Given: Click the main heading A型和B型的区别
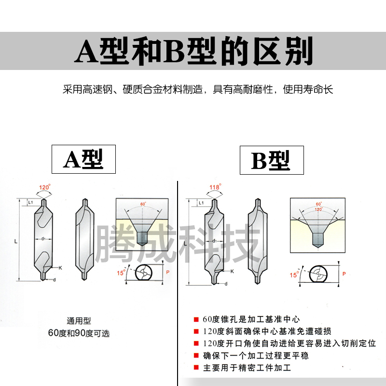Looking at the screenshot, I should click(193, 51).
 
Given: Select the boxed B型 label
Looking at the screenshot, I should click(271, 160).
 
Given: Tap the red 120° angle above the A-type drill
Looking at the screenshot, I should click(45, 187).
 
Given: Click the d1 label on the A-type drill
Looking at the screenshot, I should click(43, 238).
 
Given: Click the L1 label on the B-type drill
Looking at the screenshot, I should click(200, 204).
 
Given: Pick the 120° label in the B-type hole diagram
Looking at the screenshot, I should click(318, 209).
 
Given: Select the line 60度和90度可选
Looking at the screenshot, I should click(79, 333).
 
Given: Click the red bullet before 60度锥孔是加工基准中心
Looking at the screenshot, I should click(196, 319).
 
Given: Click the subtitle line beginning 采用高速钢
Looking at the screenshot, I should click(198, 90).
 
